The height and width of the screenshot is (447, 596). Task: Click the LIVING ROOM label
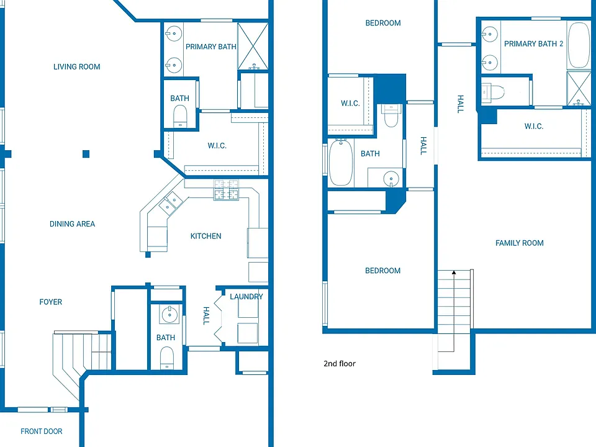click(77, 67)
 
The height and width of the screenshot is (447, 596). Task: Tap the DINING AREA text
click(72, 224)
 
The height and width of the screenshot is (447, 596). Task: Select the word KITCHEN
click(205, 236)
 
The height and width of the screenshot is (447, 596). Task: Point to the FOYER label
click(50, 302)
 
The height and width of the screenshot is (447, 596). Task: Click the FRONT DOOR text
click(42, 431)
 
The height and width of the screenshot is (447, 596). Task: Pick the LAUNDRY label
click(246, 297)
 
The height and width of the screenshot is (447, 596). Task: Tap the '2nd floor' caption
click(340, 364)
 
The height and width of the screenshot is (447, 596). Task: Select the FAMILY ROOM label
click(519, 243)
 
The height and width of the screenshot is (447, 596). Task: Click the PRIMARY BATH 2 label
click(533, 43)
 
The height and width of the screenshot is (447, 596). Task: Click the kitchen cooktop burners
click(227, 190)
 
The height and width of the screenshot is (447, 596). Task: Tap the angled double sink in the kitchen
click(171, 204)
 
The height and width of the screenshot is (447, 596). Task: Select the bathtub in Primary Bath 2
click(579, 45)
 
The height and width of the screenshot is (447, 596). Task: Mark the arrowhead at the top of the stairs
click(454, 272)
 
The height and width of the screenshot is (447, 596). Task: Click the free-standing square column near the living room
click(86, 154)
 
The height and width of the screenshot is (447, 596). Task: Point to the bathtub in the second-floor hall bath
click(341, 162)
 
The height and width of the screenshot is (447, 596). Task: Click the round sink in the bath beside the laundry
click(169, 314)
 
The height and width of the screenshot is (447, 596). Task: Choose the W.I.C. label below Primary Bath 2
click(534, 126)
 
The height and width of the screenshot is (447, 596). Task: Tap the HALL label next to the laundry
click(206, 316)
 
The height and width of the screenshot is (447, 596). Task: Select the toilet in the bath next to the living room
click(180, 115)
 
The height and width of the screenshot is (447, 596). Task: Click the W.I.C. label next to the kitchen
click(217, 145)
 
